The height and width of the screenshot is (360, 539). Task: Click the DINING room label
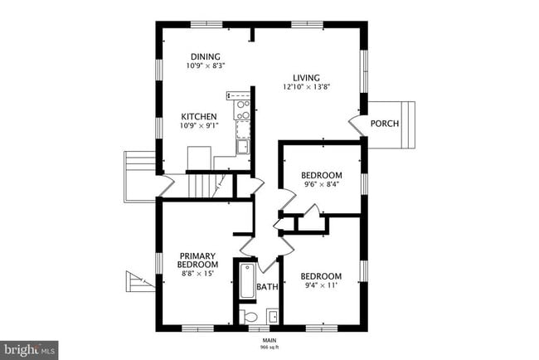206,56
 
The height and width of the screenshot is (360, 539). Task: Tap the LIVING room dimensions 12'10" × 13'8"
306,87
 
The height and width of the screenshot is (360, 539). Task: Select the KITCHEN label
199,117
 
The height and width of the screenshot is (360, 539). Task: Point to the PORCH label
385,124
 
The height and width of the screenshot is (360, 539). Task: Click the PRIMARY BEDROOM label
197,260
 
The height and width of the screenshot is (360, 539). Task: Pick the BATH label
267,286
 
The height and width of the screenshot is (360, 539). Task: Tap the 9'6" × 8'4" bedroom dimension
322,184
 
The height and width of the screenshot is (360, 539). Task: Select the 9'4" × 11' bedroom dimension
321,285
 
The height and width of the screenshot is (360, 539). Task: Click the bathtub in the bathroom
247,281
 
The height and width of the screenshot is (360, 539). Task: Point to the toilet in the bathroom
248,316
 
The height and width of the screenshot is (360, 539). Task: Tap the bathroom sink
273,316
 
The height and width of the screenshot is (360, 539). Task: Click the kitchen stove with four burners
242,109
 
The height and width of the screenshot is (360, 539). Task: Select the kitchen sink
243,147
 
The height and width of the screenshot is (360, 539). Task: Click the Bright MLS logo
29,350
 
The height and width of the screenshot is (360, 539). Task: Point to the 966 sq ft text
269,348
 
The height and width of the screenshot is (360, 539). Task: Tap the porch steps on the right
408,124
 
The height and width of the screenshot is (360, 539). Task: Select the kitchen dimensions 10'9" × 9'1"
199,126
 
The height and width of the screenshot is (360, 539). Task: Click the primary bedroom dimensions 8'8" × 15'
197,274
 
